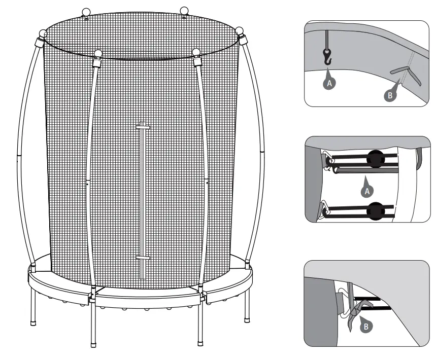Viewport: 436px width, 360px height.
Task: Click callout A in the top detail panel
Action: click(329, 84)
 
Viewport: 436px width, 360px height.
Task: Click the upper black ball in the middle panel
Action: click(376, 159)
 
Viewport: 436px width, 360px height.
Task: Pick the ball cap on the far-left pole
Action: click(43, 34)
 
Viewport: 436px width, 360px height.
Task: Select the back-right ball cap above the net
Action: click(185, 10)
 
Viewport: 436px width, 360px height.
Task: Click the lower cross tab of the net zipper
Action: click(143, 259)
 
